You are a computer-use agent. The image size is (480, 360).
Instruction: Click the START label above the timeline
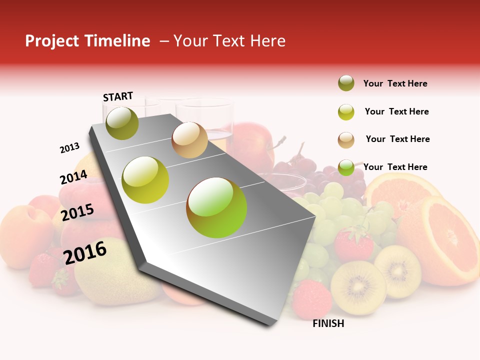118,96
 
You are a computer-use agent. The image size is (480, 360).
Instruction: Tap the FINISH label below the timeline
328,323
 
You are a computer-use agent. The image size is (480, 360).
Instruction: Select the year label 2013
70,148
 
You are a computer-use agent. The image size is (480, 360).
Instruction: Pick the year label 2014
73,177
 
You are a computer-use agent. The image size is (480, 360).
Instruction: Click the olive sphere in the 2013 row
122,123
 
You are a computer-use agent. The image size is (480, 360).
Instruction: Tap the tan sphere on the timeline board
189,140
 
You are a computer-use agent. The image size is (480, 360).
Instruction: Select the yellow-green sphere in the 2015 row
145,180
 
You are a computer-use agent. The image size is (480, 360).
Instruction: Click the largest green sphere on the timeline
216,207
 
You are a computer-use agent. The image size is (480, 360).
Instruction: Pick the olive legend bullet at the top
346,83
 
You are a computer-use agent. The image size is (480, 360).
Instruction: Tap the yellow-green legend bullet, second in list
346,112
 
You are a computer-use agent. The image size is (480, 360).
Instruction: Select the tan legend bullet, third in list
346,140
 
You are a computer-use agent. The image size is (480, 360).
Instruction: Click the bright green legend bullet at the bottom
346,167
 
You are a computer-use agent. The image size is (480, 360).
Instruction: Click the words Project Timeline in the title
87,41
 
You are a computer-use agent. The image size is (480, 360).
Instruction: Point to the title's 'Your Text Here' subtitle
229,41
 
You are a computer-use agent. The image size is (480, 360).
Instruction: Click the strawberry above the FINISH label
311,299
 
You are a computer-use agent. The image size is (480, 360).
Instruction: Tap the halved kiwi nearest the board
358,287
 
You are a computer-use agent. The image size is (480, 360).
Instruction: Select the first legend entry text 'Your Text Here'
395,83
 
